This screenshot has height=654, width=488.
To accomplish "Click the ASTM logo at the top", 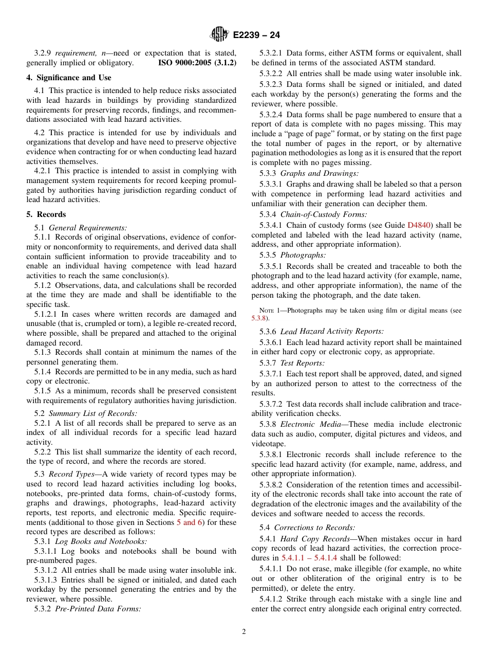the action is [x=219, y=35].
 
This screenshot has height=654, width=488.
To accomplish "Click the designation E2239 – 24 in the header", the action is [x=256, y=35].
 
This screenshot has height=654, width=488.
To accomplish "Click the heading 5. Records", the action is [x=46, y=214].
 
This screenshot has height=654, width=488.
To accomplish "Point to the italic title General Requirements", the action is [x=88, y=228].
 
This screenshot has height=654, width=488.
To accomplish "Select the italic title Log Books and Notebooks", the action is [x=101, y=541].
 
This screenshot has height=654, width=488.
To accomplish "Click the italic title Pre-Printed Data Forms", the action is [x=98, y=609].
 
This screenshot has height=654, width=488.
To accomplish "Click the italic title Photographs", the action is [x=303, y=255].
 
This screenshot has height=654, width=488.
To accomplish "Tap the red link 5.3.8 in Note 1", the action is [x=259, y=319].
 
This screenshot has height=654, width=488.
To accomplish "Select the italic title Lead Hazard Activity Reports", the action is [x=332, y=332].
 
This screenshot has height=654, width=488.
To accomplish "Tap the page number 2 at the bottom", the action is [x=244, y=632].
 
